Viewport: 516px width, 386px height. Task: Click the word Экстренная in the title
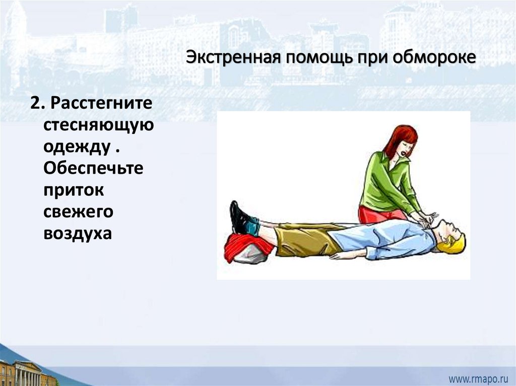point(233,57)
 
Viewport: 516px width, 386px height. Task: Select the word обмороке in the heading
point(434,57)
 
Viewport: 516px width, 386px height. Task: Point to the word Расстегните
point(101,103)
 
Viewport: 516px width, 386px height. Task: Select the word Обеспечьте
point(93,168)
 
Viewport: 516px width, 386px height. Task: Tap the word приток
point(74,190)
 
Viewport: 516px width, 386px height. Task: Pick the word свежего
point(78,212)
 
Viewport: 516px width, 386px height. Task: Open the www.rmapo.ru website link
point(478,379)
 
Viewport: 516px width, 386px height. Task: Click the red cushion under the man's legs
point(247,247)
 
